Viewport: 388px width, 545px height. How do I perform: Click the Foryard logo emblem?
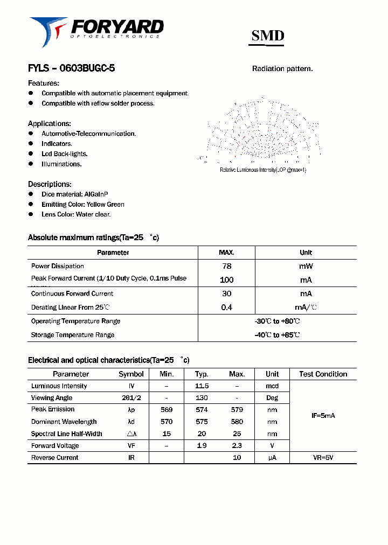pos(47,31)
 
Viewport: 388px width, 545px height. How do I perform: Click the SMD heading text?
pos(268,36)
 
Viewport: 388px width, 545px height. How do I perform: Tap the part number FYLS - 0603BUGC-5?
pos(71,68)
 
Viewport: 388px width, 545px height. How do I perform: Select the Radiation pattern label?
pos(282,69)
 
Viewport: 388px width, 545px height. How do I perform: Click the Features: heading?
pos(44,83)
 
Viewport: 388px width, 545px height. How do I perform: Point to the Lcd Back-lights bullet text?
pos(64,154)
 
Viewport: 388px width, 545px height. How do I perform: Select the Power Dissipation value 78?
pos(226,266)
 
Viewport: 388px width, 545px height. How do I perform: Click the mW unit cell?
pos(306,266)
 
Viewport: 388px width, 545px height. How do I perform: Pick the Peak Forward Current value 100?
pos(226,280)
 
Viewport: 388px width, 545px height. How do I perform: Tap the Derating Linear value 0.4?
pos(226,308)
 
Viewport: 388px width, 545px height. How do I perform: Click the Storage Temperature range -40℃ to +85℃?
pos(277,335)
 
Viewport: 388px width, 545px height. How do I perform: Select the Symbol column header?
pos(131,374)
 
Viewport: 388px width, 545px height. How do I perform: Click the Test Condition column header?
pos(323,374)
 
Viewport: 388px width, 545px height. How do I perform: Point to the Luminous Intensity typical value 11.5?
pos(202,386)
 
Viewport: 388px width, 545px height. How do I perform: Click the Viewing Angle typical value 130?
pos(202,398)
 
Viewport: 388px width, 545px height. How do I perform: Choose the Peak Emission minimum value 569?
pos(166,410)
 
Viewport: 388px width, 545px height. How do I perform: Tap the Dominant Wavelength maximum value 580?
pos(237,422)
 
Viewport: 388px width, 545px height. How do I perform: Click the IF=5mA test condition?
pos(323,416)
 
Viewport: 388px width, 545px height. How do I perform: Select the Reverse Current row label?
pos(54,458)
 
